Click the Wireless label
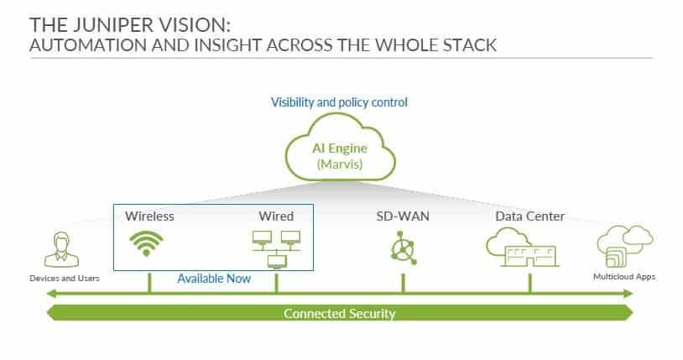pyautogui.click(x=149, y=217)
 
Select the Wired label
pyautogui.click(x=277, y=217)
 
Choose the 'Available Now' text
pyautogui.click(x=213, y=279)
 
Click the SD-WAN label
pyautogui.click(x=403, y=217)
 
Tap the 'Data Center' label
pyautogui.click(x=529, y=217)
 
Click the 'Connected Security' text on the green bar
pyautogui.click(x=339, y=314)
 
